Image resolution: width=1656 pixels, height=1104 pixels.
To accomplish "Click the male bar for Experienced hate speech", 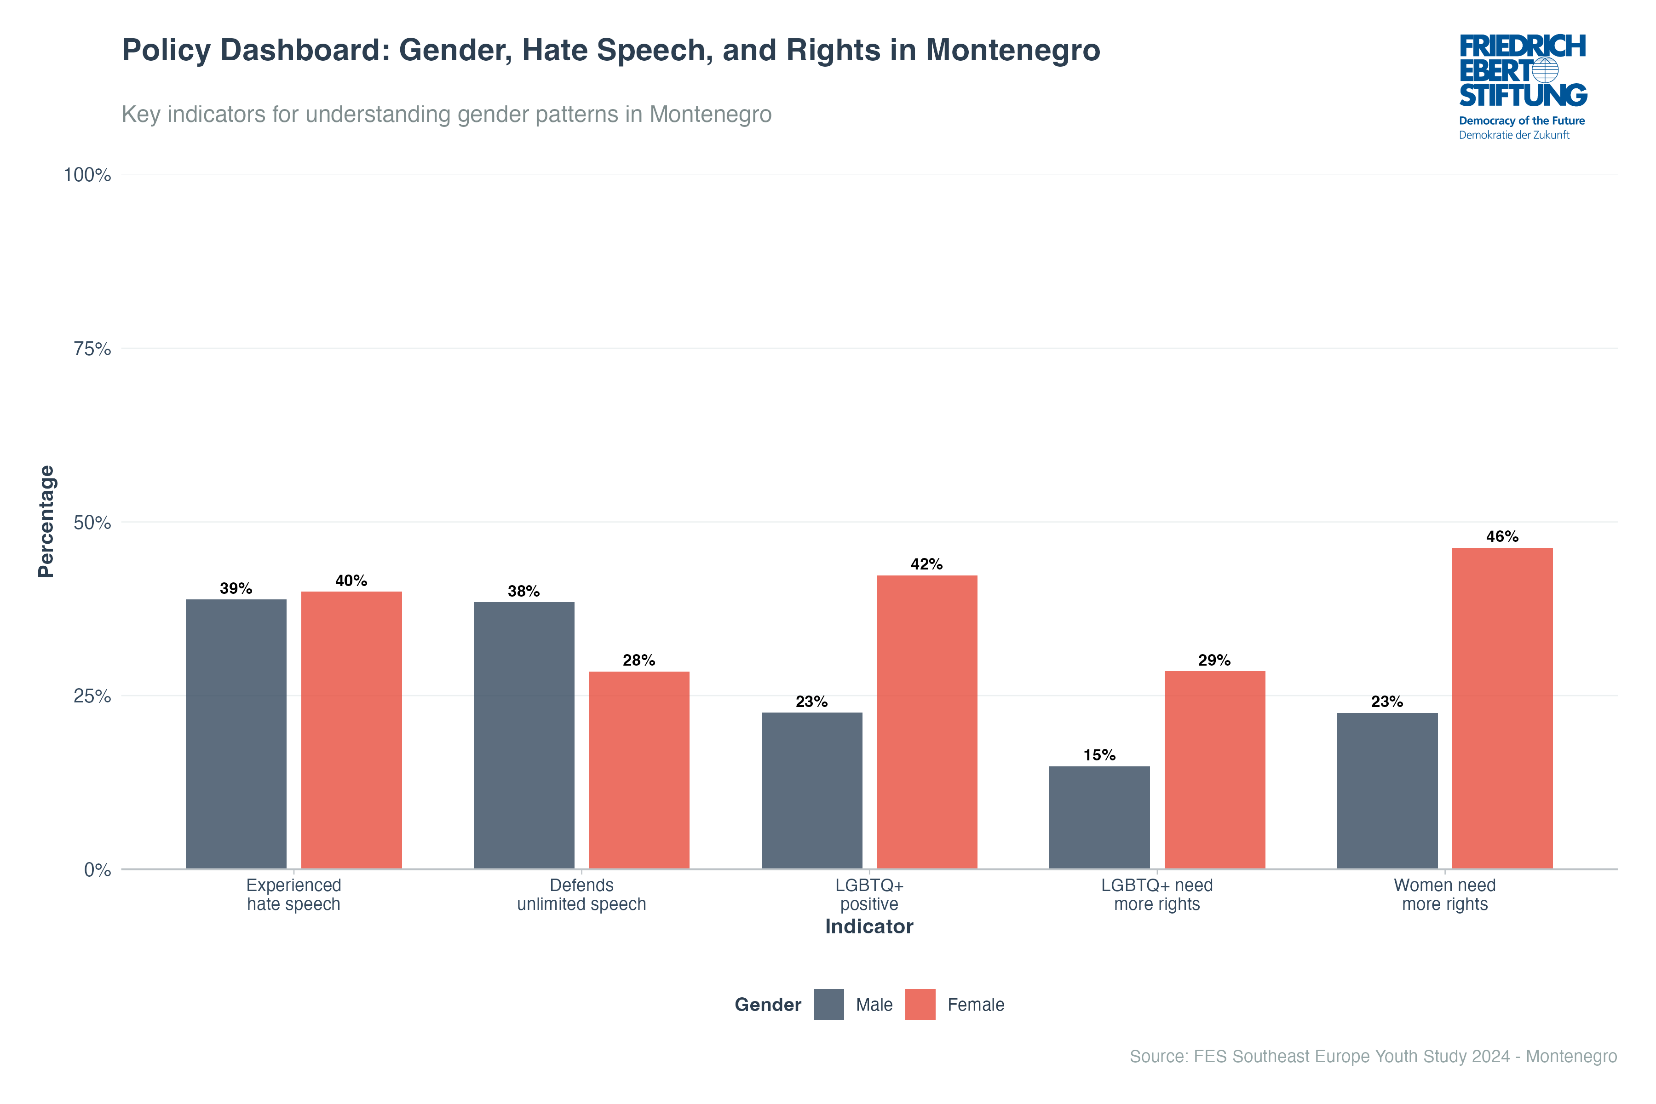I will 236,734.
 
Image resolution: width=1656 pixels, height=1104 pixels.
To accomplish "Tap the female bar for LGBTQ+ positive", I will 926,722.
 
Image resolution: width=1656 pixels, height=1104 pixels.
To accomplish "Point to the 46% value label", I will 1502,536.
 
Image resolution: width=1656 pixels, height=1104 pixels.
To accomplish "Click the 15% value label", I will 1099,755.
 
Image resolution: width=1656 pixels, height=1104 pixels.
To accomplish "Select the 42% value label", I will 926,564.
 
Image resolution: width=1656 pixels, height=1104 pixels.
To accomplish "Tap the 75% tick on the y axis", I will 92,349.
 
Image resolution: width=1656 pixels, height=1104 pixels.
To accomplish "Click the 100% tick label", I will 87,175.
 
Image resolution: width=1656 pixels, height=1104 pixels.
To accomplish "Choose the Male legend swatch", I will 829,1004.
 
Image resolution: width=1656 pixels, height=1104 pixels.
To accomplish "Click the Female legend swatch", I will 920,1004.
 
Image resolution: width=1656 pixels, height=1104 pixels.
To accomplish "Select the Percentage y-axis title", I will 46,521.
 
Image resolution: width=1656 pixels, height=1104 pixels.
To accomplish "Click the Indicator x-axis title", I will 869,926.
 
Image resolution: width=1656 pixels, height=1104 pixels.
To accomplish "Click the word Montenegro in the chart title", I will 1012,50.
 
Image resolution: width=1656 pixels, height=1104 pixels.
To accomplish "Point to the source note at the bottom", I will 1373,1056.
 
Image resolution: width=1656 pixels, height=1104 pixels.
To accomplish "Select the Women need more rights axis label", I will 1445,894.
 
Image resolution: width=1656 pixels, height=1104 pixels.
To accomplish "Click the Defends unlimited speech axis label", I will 581,894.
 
